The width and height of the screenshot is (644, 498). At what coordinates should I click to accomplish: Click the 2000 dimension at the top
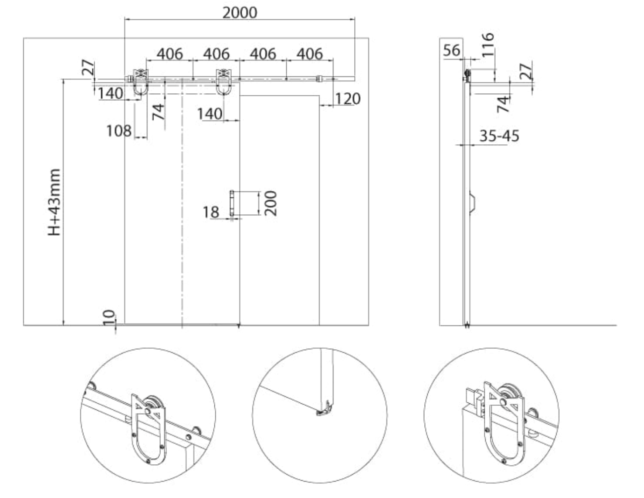240,13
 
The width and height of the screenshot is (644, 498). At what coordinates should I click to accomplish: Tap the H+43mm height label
54,202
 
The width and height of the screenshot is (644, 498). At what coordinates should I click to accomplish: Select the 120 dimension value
348,99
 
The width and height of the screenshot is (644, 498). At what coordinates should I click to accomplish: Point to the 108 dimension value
119,130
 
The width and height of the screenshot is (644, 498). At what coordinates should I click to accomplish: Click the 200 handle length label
270,203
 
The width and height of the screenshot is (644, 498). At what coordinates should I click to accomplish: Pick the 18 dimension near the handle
211,212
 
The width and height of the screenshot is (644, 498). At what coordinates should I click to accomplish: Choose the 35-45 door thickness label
500,136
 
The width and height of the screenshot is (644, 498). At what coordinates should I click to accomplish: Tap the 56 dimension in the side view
451,50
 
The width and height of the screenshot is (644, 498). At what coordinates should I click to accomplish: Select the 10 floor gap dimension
109,317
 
